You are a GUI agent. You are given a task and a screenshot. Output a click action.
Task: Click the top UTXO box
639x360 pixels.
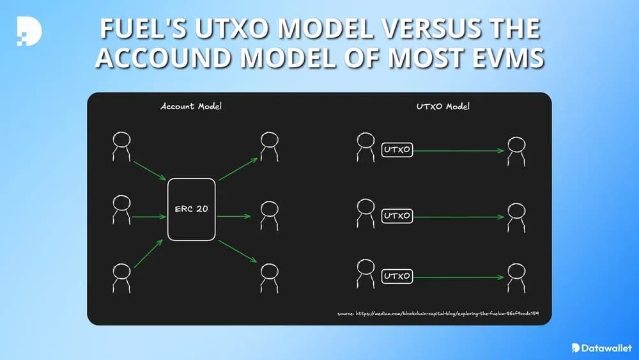397,150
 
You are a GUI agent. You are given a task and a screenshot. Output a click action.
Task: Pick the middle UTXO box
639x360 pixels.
397,215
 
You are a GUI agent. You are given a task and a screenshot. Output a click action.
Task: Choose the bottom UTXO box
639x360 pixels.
397,277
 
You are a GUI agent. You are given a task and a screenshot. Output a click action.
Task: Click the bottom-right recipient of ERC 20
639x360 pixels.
268,276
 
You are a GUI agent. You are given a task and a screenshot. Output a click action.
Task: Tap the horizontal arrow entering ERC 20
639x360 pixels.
149,216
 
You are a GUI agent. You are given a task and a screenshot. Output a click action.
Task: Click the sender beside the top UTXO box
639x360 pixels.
365,146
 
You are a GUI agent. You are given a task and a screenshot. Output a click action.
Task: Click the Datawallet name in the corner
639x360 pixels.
606,348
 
